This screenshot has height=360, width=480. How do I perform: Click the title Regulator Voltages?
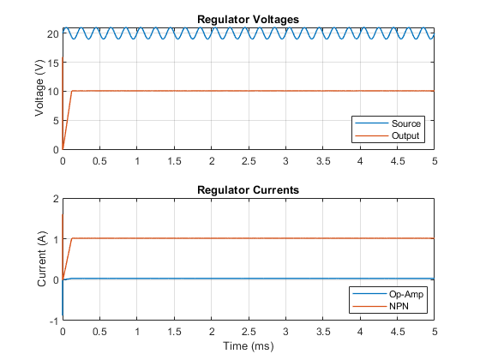pos(248,19)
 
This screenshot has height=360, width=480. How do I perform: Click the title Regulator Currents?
pos(248,189)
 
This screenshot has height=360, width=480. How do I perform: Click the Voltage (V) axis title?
pos(39,88)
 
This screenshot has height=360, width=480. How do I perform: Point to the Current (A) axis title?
pos(41,259)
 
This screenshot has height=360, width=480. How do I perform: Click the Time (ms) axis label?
pos(249,346)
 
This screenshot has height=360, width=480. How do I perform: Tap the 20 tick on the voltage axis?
pos(52,33)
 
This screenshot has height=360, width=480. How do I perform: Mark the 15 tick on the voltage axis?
pos(53,63)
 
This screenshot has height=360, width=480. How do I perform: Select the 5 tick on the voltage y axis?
pos(56,121)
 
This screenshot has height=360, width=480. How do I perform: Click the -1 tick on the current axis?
pos(54,321)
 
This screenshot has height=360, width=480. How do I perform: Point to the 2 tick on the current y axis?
pos(56,199)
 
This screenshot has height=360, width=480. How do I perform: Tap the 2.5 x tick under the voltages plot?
pos(249,161)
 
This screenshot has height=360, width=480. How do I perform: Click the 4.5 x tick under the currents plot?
pos(398,332)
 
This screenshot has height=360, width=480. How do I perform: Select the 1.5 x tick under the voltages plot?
pos(174,161)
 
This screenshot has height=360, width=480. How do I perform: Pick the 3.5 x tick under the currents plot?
pos(323,332)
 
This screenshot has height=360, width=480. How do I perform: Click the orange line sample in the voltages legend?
pos(372,135)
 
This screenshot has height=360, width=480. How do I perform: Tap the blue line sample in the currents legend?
pos(369,294)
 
